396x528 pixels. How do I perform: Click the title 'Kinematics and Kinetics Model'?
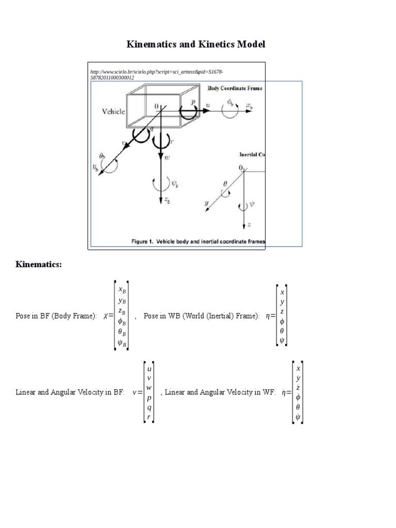click(196, 45)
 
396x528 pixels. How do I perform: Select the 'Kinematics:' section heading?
click(39, 265)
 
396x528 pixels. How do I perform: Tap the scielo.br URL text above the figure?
click(157, 74)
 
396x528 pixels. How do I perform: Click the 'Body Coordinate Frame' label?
click(235, 88)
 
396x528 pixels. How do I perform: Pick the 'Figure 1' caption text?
click(199, 241)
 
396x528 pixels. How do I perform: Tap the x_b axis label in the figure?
click(249, 106)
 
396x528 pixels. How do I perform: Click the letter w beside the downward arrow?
click(167, 158)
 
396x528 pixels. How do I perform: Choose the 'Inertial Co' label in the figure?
click(252, 154)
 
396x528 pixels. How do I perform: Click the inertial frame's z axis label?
click(249, 225)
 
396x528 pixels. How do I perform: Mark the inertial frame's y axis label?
click(207, 204)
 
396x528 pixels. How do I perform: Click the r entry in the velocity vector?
click(149, 417)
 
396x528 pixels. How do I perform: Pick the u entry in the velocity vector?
click(149, 369)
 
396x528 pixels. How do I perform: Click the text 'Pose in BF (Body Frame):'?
click(56, 316)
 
